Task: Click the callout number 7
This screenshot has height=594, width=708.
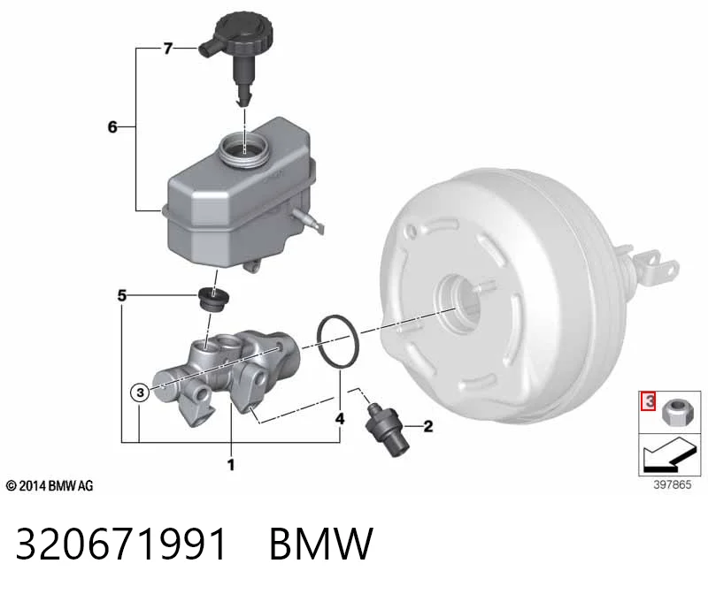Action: point(167,48)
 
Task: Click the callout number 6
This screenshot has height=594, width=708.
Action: point(112,126)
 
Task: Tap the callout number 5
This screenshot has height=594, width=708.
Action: point(122,295)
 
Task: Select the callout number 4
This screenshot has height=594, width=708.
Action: point(340,419)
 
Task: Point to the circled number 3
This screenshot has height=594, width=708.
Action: point(140,392)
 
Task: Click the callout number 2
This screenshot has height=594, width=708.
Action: point(427,426)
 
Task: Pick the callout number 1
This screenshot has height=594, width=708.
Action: point(231,465)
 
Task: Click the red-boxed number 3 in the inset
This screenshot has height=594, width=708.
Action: point(649,401)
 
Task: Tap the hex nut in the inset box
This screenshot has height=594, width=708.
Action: point(674,412)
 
